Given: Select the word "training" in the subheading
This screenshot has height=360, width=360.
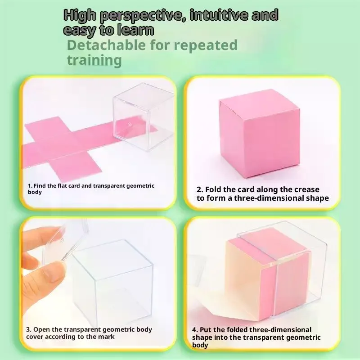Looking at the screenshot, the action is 94,60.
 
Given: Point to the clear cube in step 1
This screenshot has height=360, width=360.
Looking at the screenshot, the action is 143,117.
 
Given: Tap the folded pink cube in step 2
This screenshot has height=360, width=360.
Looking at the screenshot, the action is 259,134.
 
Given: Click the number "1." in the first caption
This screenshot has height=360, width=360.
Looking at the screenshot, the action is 30,186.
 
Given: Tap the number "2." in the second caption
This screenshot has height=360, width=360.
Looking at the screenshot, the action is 200,189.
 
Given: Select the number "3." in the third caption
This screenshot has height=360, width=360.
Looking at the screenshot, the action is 29,329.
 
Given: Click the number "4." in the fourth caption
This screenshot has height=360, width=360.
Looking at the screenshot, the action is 195,330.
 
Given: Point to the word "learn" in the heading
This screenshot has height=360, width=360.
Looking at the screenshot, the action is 135,30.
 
